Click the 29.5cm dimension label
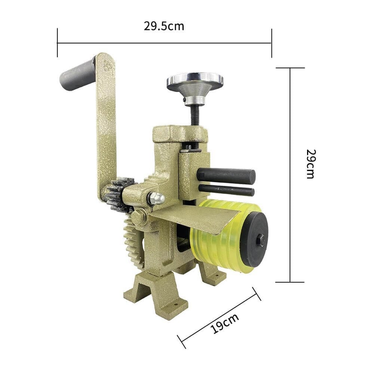click(164, 26)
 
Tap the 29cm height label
click(311, 164)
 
